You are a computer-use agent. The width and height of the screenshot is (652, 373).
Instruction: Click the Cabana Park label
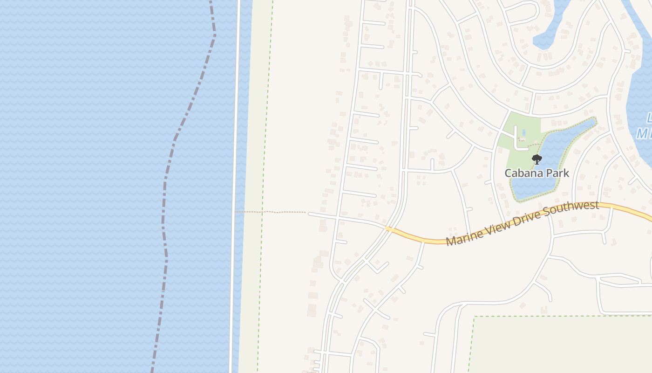(537, 173)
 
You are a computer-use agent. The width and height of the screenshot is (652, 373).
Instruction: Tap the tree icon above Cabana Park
(537, 160)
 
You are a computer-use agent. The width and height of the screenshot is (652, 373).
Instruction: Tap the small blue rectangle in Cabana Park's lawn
(523, 133)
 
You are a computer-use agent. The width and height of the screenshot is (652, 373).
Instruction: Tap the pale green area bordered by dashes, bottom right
(559, 345)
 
